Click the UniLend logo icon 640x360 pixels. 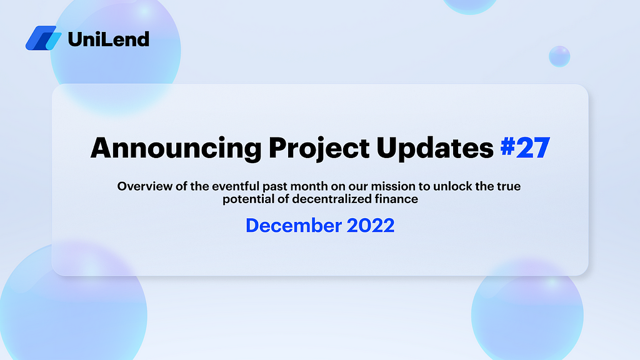(x=44, y=38)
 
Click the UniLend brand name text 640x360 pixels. (x=109, y=39)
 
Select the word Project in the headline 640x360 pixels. (x=319, y=147)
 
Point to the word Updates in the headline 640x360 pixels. (x=435, y=147)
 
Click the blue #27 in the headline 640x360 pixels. (x=525, y=147)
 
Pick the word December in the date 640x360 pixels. (x=294, y=225)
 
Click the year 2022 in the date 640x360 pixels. (x=371, y=225)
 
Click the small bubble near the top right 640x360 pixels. (x=559, y=56)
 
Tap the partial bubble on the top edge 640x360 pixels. (x=469, y=6)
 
